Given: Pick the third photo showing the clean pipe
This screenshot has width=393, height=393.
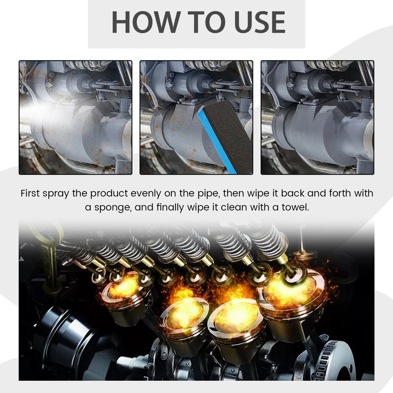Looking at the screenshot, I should [x=317, y=118].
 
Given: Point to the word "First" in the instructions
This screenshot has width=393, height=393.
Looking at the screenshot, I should [x=30, y=193].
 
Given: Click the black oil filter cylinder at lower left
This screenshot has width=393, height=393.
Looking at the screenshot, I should [x=62, y=333].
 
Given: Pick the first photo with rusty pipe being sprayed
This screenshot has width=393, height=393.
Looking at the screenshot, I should [x=75, y=118].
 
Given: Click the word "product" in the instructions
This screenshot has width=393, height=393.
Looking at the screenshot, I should [x=109, y=194].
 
